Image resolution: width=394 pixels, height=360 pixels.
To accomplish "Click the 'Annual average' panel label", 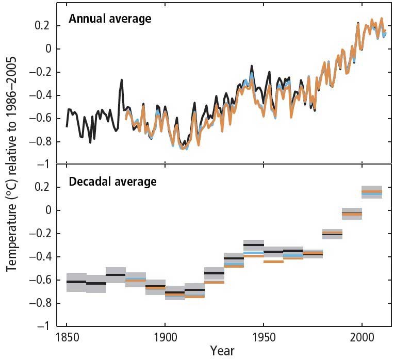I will pyautogui.click(x=110, y=20).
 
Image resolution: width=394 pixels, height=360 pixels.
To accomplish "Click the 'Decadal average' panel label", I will pyautogui.click(x=113, y=182).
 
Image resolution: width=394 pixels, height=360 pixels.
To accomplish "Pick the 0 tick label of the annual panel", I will pyautogui.click(x=45, y=49).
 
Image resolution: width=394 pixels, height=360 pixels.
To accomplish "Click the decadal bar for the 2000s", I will pyautogui.click(x=372, y=192).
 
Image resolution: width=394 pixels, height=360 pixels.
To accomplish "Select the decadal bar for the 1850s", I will pyautogui.click(x=76, y=282).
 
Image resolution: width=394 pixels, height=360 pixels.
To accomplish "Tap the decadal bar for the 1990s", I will pyautogui.click(x=352, y=213).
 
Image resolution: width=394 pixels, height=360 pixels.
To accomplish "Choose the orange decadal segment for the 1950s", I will pyautogui.click(x=273, y=262).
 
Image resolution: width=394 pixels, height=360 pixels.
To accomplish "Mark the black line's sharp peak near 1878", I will pyautogui.click(x=122, y=80).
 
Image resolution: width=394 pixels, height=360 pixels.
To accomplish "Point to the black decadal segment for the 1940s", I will pyautogui.click(x=254, y=244).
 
